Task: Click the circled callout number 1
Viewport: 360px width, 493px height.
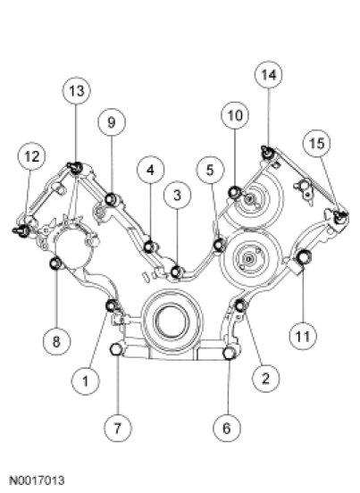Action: [x=85, y=381]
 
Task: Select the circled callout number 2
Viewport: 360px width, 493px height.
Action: [x=265, y=378]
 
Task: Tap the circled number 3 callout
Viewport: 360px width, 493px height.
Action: [x=178, y=196]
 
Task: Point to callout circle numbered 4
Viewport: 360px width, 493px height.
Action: [x=150, y=170]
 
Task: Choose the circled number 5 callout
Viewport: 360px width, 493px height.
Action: [x=210, y=170]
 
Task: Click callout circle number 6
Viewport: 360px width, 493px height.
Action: [x=227, y=428]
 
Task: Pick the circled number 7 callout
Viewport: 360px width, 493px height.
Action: [x=118, y=428]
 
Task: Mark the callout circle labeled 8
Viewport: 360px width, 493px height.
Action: [x=56, y=341]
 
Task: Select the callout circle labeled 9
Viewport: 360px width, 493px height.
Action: [x=112, y=122]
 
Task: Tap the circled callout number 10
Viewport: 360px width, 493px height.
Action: [x=235, y=115]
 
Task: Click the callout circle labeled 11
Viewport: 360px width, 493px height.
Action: [x=303, y=336]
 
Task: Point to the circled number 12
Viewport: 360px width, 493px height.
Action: [x=31, y=156]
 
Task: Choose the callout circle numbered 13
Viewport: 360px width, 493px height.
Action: [x=77, y=91]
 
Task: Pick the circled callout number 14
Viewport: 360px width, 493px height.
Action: [x=269, y=74]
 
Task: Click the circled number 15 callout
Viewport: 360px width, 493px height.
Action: [x=316, y=144]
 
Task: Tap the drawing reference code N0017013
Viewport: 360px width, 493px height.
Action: [x=37, y=480]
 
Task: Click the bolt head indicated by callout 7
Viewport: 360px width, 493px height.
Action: [x=116, y=349]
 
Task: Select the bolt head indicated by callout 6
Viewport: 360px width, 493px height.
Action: [x=230, y=353]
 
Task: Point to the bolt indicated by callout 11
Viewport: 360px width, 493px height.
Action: [x=304, y=257]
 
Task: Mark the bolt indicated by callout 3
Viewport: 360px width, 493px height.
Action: [x=176, y=272]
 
